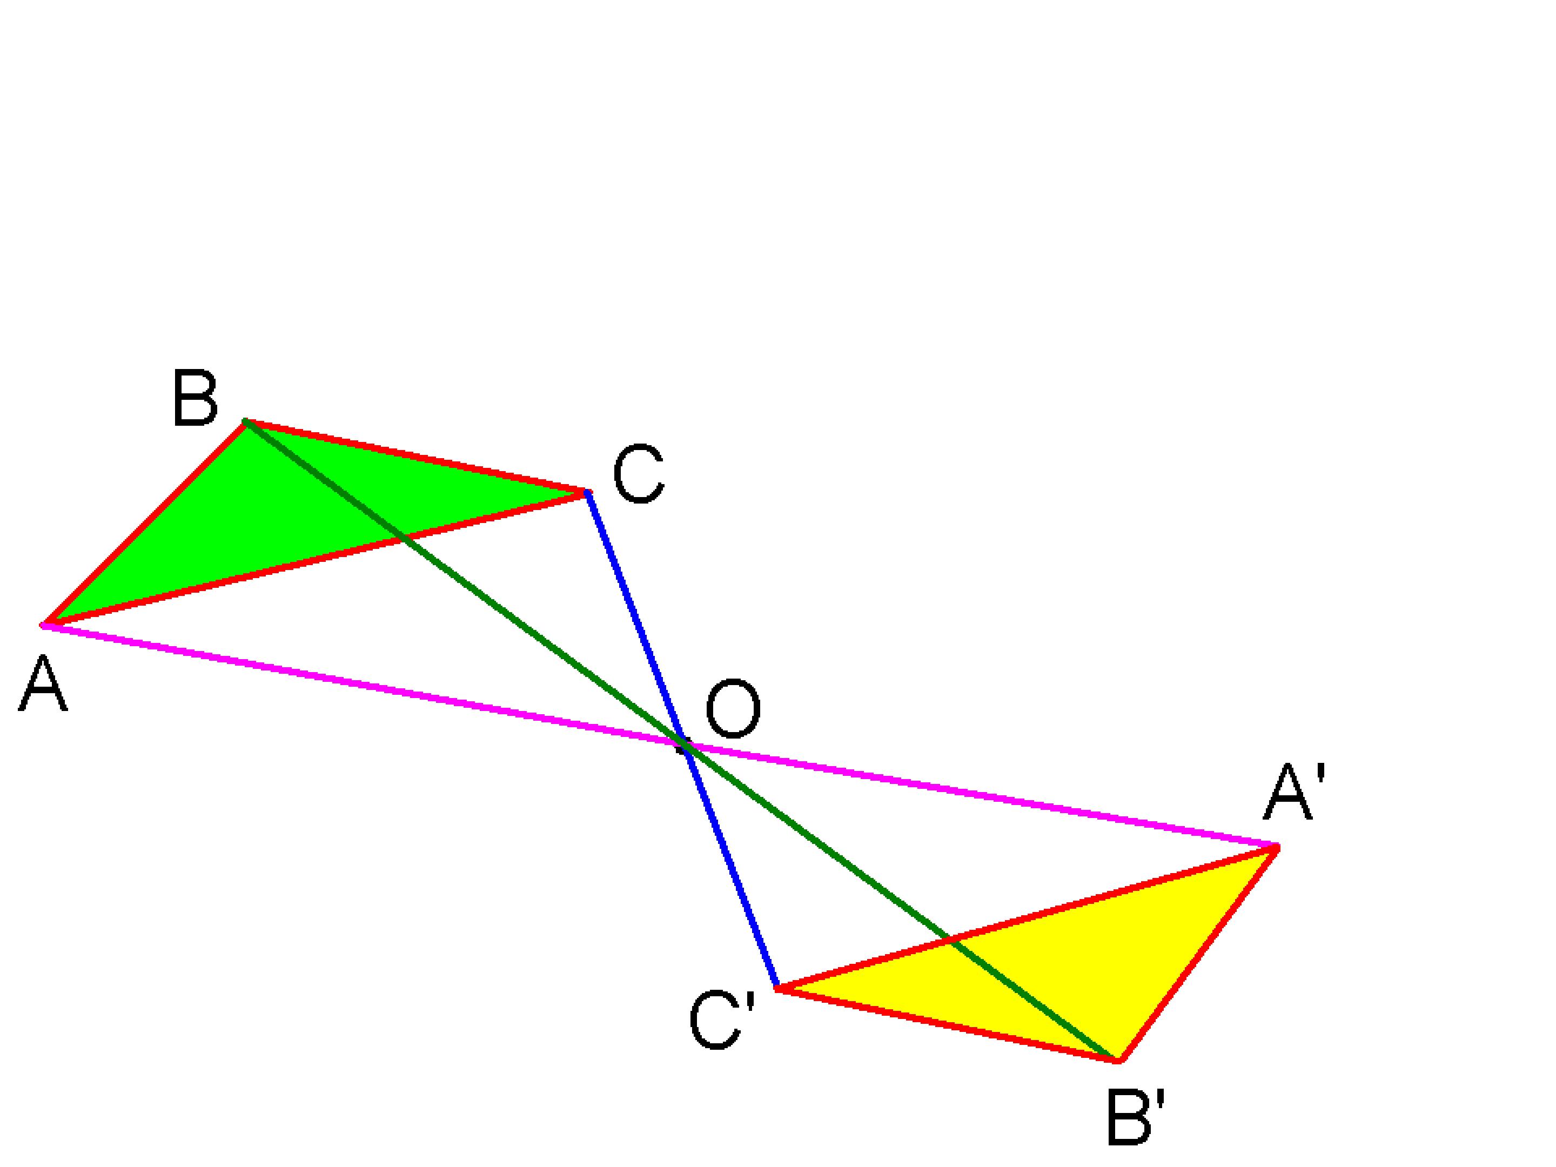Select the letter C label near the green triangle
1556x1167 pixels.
638,475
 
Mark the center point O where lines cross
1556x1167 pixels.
685,746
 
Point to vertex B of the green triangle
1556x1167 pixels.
245,421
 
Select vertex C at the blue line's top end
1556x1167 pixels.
587,492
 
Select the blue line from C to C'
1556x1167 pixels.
682,740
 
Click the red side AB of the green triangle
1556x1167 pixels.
144,522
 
